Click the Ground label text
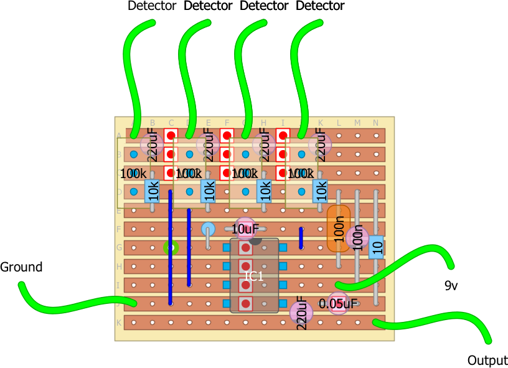(21, 267)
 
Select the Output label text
(487, 360)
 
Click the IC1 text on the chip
(254, 276)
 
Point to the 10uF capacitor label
(245, 229)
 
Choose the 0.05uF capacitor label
(337, 304)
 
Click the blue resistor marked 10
(376, 247)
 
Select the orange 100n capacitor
(339, 229)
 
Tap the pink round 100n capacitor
(357, 237)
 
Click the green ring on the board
(171, 248)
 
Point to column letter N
(375, 123)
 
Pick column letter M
(357, 123)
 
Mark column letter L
(339, 123)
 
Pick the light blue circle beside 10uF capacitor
(208, 229)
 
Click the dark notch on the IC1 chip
(255, 241)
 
